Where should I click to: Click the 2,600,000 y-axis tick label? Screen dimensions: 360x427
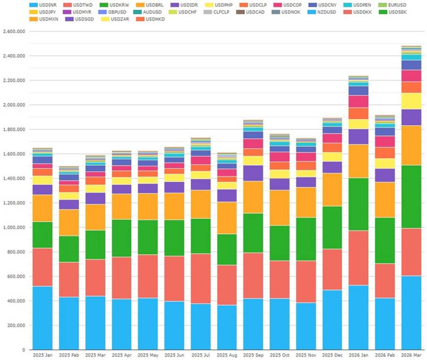pos(14,31)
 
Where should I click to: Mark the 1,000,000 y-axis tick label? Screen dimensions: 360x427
pos(14,227)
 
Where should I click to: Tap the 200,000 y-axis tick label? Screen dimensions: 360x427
pos(16,325)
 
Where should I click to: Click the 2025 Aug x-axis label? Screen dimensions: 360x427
pos(227,355)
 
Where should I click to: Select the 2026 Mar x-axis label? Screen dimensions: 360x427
pos(411,355)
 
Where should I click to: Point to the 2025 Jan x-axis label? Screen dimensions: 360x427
pos(43,355)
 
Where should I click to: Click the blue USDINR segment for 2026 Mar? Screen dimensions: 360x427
pos(411,312)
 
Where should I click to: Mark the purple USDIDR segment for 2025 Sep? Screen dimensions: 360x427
pos(253,173)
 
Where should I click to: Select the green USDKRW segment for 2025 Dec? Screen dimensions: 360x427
pos(332,227)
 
